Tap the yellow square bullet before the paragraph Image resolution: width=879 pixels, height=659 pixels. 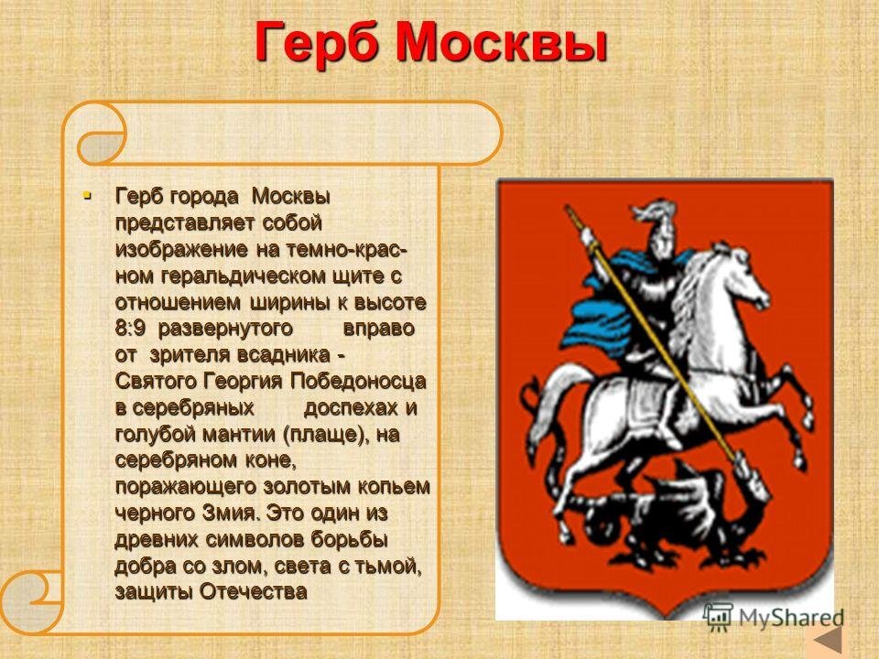86,196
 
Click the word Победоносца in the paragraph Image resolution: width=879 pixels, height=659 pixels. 358,381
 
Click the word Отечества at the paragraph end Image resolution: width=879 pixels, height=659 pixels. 254,592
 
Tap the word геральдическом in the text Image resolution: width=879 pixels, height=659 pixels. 243,276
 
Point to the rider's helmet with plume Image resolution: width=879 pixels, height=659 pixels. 656,227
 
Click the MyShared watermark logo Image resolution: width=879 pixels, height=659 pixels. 774,618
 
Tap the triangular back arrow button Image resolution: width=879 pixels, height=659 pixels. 828,641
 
